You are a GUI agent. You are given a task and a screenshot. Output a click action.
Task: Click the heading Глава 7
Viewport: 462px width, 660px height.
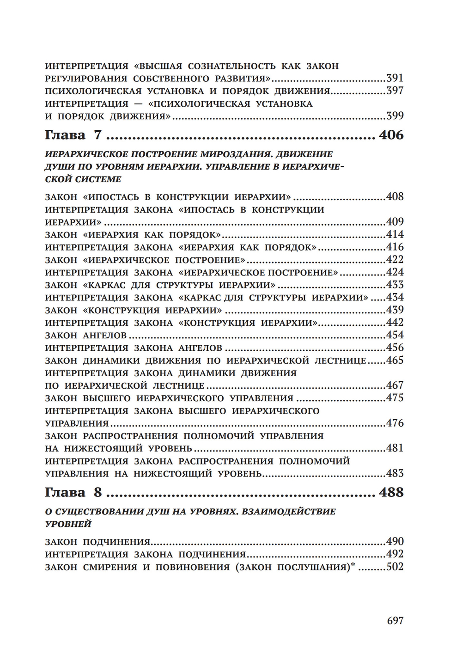point(73,135)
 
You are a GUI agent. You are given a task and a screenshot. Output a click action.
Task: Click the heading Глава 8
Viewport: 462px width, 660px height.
point(73,492)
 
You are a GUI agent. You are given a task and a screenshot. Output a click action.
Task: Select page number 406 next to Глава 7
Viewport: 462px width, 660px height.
point(391,135)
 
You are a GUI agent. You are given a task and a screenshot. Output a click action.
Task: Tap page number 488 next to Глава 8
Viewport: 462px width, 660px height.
point(391,492)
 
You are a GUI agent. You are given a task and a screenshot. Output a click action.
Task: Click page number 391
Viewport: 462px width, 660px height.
point(395,78)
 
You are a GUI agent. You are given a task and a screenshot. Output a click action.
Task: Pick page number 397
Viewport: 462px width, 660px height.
point(395,91)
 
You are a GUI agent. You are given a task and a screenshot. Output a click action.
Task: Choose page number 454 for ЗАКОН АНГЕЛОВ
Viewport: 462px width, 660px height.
point(395,335)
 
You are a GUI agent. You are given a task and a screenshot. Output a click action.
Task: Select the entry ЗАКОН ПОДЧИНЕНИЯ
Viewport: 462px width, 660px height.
point(98,542)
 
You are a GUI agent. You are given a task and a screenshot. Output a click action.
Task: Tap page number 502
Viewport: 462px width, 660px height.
point(395,567)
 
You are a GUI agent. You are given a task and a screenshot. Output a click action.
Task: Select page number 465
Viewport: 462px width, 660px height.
point(395,361)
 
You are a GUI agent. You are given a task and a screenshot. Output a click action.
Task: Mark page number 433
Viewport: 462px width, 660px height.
point(395,285)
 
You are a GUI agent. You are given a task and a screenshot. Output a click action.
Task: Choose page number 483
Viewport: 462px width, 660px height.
point(395,473)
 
